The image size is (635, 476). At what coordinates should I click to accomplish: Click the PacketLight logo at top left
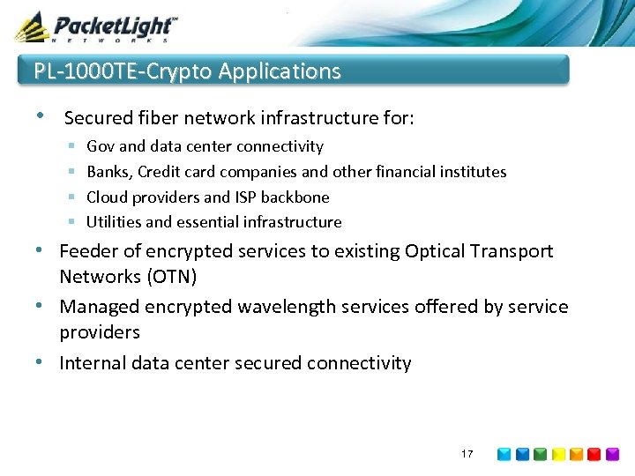pos(95,26)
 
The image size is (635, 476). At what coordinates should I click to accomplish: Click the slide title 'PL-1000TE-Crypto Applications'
pos(187,71)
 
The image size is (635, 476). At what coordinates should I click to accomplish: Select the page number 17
pos(467,454)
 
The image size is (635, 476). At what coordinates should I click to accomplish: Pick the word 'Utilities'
pos(113,222)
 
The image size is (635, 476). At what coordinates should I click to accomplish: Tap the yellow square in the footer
pos(557,455)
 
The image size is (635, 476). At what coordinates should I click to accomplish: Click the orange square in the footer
pos(576,455)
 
